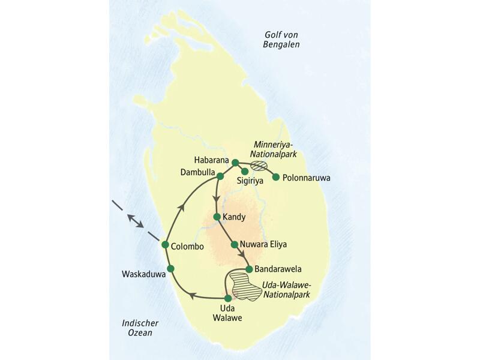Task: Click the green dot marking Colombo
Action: tap(164, 244)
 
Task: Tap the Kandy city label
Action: tap(234, 217)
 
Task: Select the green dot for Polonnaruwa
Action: tap(276, 177)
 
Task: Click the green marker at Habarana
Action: tap(235, 163)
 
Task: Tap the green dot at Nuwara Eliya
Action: tap(235, 245)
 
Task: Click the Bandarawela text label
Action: tap(277, 268)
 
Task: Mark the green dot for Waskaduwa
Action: tap(170, 268)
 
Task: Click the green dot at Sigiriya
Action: tap(245, 172)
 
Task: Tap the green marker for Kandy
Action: tap(217, 216)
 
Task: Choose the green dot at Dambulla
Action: tap(220, 176)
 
